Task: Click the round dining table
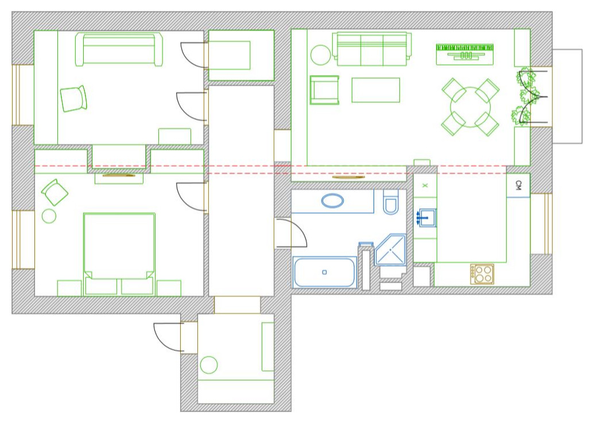(x=470, y=107)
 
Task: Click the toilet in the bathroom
(x=391, y=202)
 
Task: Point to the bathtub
(x=325, y=272)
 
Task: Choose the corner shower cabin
(x=390, y=250)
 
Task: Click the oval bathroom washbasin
(x=333, y=201)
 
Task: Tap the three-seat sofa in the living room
(x=372, y=49)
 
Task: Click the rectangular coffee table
(x=375, y=90)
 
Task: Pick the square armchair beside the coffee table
(x=324, y=89)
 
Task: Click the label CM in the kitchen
(x=518, y=185)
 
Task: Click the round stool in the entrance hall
(x=209, y=365)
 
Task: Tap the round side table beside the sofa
(x=320, y=55)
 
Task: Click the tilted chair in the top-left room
(x=73, y=99)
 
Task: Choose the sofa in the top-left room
(x=119, y=49)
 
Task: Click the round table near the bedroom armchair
(x=49, y=216)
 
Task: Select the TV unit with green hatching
(x=464, y=54)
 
